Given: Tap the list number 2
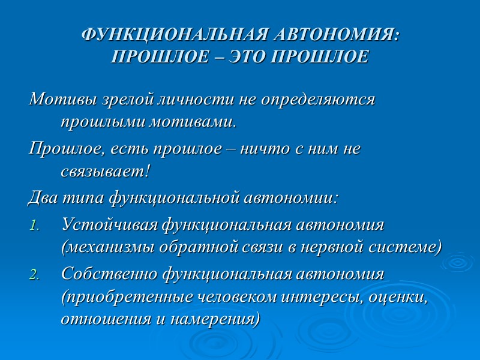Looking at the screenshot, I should click(34, 276).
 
